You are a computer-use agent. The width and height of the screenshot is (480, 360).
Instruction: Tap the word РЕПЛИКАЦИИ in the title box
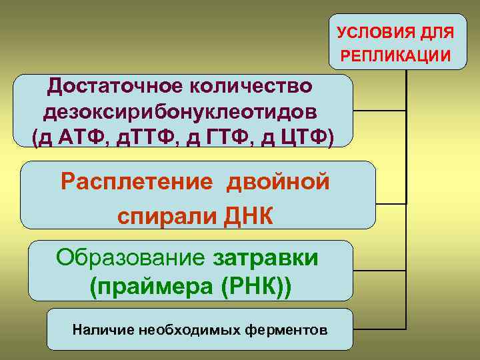tap(396, 55)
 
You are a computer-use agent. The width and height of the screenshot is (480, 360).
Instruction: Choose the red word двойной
tap(280, 181)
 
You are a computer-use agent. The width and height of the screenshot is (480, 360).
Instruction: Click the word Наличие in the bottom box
tap(97, 329)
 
